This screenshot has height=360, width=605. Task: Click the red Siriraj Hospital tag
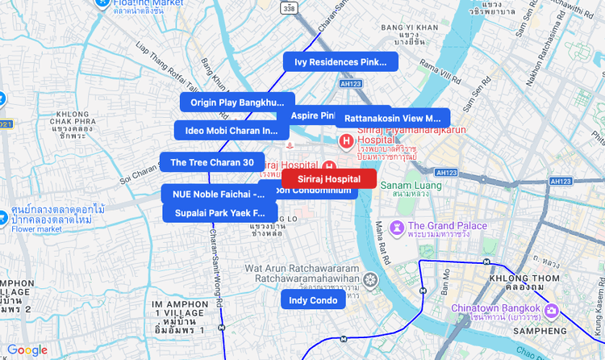click(329, 178)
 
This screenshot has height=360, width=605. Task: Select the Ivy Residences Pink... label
click(340, 62)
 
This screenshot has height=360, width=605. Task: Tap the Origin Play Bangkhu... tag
click(238, 103)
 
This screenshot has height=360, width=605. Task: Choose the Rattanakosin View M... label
click(393, 118)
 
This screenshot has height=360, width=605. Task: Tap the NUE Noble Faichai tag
click(214, 194)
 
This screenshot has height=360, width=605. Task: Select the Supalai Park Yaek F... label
click(219, 213)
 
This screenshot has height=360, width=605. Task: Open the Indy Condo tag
click(313, 300)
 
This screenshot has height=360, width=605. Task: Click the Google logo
click(27, 350)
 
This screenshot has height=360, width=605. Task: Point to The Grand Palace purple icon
click(396, 227)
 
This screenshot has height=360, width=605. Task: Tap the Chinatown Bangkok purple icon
click(552, 310)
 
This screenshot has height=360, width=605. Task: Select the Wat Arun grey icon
click(369, 281)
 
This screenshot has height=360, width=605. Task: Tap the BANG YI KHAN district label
click(409, 28)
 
